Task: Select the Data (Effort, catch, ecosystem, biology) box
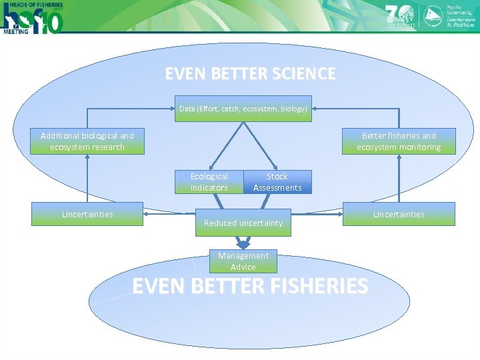click(x=243, y=109)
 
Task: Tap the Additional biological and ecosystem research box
click(x=87, y=141)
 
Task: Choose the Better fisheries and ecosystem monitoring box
click(x=399, y=141)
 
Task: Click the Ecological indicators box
click(x=209, y=182)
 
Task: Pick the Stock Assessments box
click(x=277, y=182)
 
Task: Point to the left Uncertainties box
click(x=87, y=214)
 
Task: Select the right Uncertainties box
click(x=399, y=214)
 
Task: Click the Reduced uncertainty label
click(x=243, y=223)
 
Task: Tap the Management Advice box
click(x=243, y=261)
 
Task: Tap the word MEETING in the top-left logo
click(x=15, y=31)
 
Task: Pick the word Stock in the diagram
click(x=277, y=177)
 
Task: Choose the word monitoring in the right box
click(x=419, y=147)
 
